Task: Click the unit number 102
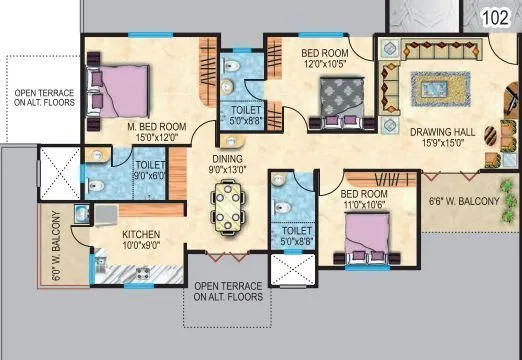coord(495,17)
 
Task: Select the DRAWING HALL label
coord(442,129)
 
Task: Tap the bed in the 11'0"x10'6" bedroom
coord(363,237)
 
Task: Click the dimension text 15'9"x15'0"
coord(442,143)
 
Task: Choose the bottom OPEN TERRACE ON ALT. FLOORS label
coord(228,291)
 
